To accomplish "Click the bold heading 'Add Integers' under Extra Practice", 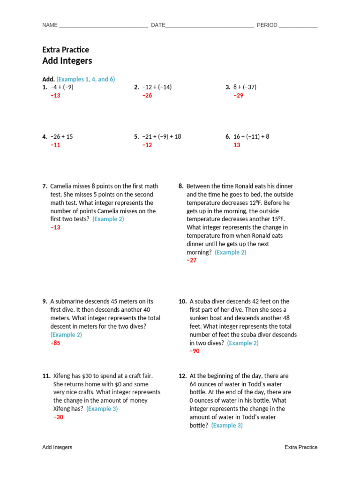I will coord(67,61).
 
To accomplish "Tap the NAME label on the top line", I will coord(50,25).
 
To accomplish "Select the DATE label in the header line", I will coord(158,25).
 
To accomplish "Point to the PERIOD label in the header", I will coord(267,25).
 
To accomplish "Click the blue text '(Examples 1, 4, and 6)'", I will coord(86,79).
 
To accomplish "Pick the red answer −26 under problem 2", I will coord(147,96).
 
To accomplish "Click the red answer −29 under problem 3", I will coord(239,96).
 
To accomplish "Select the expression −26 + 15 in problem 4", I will coord(61,137).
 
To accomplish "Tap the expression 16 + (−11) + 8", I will coord(251,137).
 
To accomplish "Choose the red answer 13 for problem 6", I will coord(237,145).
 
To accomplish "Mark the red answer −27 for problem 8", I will coord(192,261).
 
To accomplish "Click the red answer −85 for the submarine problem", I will coord(55,343).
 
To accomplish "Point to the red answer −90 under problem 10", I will coord(195,351).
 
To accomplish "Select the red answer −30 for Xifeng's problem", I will coord(58,417).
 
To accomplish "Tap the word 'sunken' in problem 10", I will coord(199,318).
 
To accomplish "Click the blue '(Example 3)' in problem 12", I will coord(227,426).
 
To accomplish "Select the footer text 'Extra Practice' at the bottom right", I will coord(301,448).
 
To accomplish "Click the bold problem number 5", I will coord(136,137).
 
